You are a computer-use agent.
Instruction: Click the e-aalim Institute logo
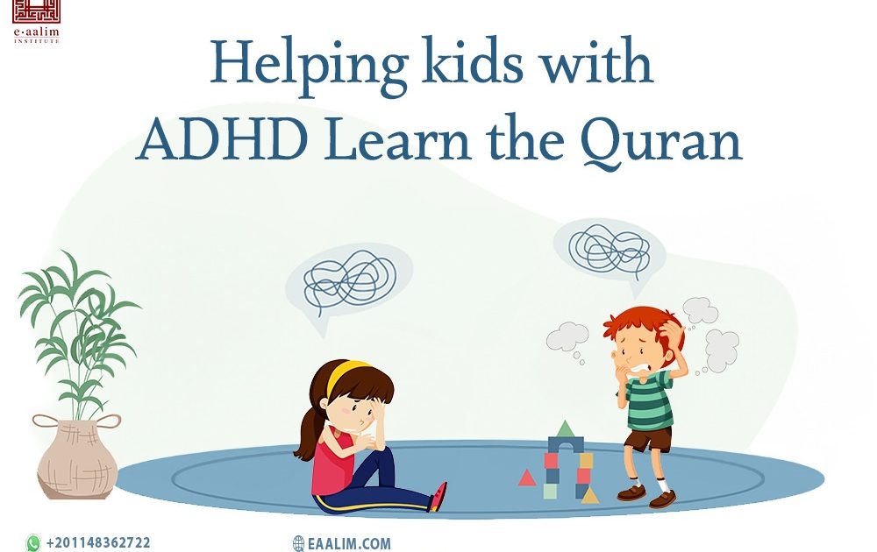pos(35,23)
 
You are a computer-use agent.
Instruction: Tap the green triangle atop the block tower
pos(566,428)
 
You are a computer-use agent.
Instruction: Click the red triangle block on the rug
pos(526,478)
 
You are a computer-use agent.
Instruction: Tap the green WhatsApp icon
pos(33,543)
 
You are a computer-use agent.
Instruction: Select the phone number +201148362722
pos(98,543)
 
